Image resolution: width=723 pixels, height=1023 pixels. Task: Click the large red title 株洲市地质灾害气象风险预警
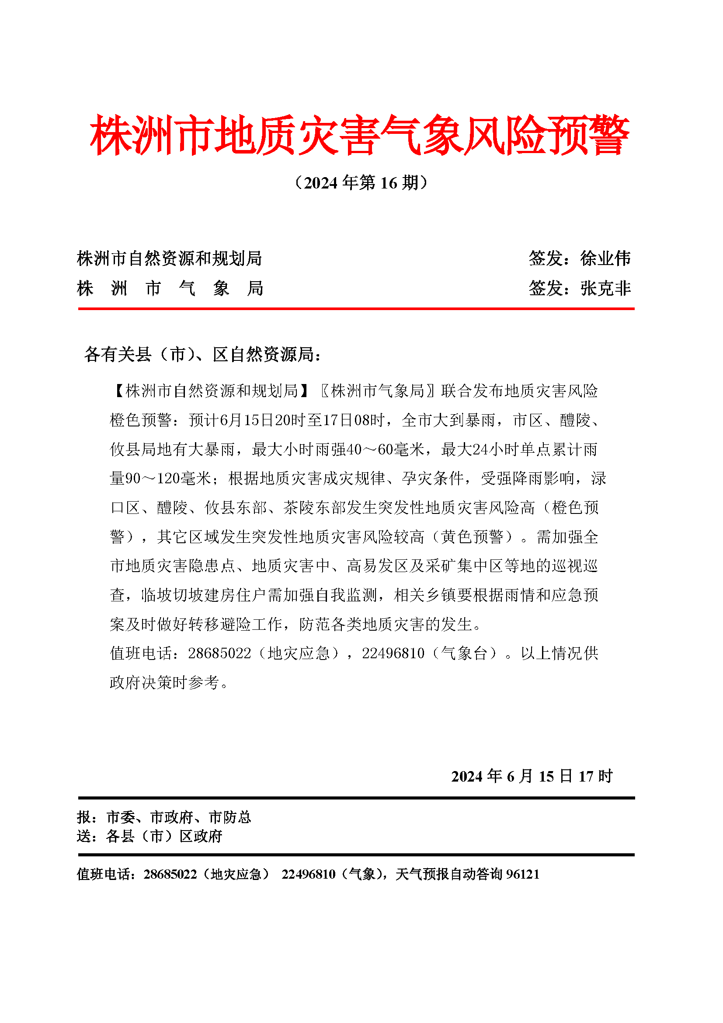pyautogui.click(x=360, y=135)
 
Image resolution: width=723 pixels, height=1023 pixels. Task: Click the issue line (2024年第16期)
pyautogui.click(x=361, y=183)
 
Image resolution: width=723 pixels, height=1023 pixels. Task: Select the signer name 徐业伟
pyautogui.click(x=605, y=258)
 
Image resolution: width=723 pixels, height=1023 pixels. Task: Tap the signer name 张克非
pyautogui.click(x=605, y=288)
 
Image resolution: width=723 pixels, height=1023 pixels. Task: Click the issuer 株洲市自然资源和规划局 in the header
pyautogui.click(x=169, y=258)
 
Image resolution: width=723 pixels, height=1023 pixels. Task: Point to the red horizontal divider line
pyautogui.click(x=356, y=308)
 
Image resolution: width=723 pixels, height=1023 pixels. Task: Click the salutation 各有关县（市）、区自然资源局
pyautogui.click(x=202, y=354)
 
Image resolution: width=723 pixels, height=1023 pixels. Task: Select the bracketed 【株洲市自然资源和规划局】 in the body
pyautogui.click(x=211, y=391)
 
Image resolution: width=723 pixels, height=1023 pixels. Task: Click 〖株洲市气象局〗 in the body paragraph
pyautogui.click(x=378, y=391)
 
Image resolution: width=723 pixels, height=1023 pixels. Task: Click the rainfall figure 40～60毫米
pyautogui.click(x=385, y=449)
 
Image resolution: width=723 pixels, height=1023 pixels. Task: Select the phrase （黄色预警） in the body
pyautogui.click(x=472, y=537)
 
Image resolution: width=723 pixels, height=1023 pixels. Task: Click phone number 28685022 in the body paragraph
pyautogui.click(x=220, y=653)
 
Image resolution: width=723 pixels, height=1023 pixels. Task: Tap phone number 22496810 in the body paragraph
pyautogui.click(x=393, y=653)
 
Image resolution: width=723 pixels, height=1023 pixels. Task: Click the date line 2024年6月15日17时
pyautogui.click(x=532, y=776)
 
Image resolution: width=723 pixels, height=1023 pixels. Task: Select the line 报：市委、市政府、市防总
pyautogui.click(x=164, y=817)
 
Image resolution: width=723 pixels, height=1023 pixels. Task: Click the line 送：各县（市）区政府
pyautogui.click(x=149, y=836)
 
